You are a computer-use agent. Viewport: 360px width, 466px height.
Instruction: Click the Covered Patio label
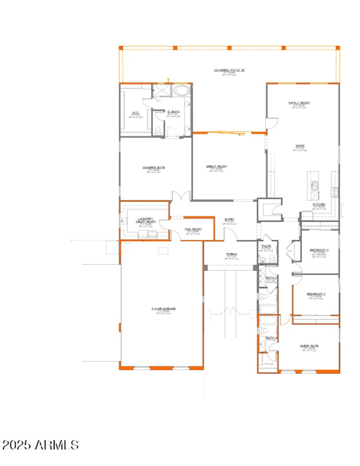pyautogui.click(x=229, y=70)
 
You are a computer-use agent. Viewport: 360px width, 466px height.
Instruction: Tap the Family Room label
pyautogui.click(x=299, y=103)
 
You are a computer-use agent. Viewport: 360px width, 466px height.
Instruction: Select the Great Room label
pyautogui.click(x=216, y=167)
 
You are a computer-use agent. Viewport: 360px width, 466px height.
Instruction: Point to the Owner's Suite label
pyautogui.click(x=154, y=167)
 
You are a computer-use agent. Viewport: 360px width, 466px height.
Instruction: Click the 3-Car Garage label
pyautogui.click(x=163, y=309)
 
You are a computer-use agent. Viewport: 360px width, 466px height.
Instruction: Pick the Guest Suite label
pyautogui.click(x=309, y=346)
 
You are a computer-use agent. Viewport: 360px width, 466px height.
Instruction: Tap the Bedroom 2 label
pyautogui.click(x=316, y=294)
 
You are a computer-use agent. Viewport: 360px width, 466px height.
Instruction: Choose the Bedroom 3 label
pyautogui.click(x=319, y=250)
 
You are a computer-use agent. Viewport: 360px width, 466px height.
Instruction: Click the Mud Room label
pyautogui.click(x=193, y=229)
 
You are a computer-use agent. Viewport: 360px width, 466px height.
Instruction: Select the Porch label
pyautogui.click(x=232, y=254)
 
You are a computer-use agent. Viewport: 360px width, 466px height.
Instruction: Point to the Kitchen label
pyautogui.click(x=319, y=204)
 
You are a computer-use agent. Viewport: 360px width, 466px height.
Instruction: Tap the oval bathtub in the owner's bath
pyautogui.click(x=182, y=91)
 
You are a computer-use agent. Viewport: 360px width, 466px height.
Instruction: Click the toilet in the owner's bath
pyautogui.click(x=157, y=131)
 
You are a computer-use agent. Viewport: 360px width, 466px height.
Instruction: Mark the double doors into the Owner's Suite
pyautogui.click(x=181, y=197)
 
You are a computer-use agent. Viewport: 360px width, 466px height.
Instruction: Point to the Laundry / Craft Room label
pyautogui.click(x=146, y=220)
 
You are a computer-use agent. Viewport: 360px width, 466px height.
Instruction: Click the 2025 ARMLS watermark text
pyautogui.click(x=40, y=445)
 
